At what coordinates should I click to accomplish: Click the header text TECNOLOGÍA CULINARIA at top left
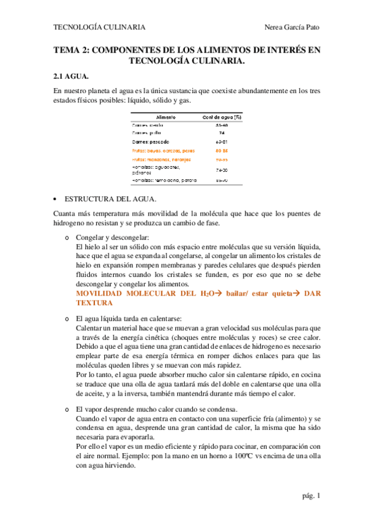[x=100, y=27]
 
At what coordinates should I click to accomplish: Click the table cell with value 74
[x=221, y=133]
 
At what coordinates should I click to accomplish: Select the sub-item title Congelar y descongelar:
[x=103, y=238]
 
